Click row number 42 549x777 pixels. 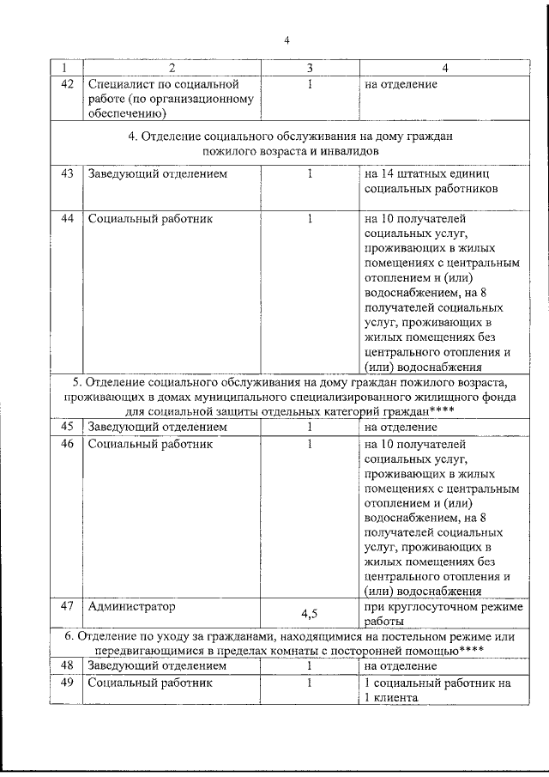pos(66,84)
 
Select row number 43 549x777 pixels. pos(66,173)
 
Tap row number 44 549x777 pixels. pos(66,218)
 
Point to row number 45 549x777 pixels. pos(66,426)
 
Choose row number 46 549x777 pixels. pos(66,444)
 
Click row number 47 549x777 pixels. pos(66,606)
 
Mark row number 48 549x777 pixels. pos(66,665)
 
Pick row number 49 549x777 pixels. pos(66,683)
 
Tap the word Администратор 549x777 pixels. pos(130,606)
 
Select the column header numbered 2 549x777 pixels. pos(172,67)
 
